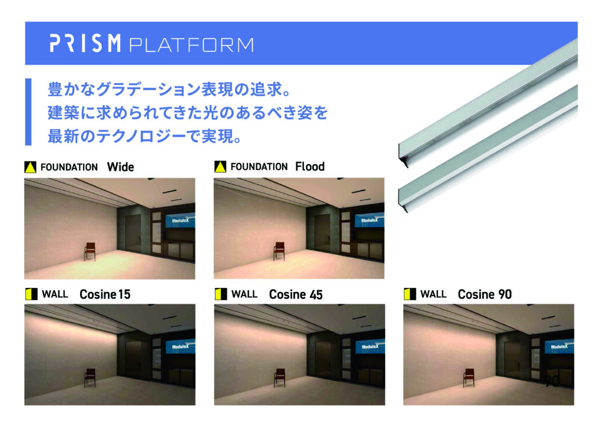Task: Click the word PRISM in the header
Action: click(85, 43)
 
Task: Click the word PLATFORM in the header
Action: click(191, 45)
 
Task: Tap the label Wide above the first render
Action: click(120, 167)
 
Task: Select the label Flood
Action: click(310, 167)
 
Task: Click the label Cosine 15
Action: click(105, 294)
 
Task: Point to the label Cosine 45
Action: click(296, 294)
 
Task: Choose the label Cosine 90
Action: click(485, 294)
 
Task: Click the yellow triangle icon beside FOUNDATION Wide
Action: click(31, 167)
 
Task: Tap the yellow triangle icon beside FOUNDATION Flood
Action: click(220, 167)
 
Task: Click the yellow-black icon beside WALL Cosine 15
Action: click(31, 294)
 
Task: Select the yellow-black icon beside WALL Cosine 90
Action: click(410, 294)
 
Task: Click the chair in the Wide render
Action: click(90, 251)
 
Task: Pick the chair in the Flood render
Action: click(279, 251)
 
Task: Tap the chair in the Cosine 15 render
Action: click(90, 377)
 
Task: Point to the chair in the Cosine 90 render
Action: click(469, 377)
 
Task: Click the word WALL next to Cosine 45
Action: click(244, 294)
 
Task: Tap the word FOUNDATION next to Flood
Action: click(259, 167)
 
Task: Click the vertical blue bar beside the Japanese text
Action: click(28, 111)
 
